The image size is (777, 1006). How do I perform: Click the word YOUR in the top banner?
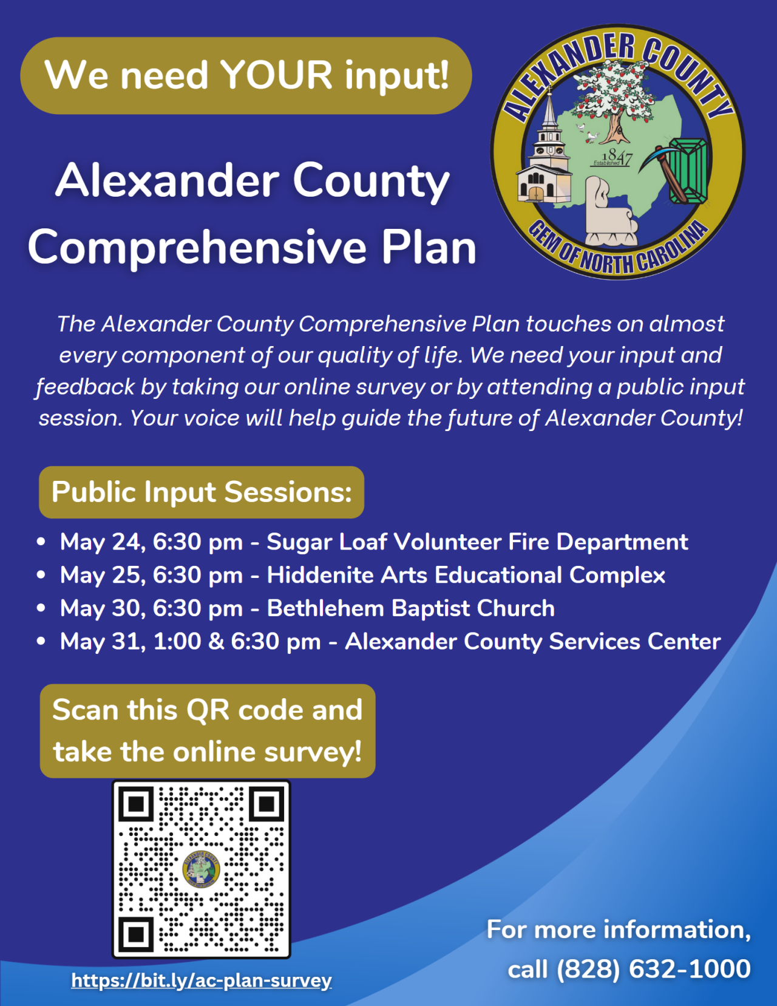point(276,75)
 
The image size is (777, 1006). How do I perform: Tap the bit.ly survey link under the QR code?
point(201,981)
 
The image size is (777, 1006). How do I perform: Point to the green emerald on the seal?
point(688,170)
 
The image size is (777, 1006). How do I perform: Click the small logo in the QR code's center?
point(201,869)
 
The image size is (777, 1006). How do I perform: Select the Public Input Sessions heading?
point(202,492)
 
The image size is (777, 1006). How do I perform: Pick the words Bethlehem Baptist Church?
point(411,608)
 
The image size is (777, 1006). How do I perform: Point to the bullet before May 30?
point(41,608)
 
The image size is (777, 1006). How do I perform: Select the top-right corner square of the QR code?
point(267,804)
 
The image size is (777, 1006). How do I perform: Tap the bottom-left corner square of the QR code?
point(135,934)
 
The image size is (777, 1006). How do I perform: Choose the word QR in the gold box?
point(208,710)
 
